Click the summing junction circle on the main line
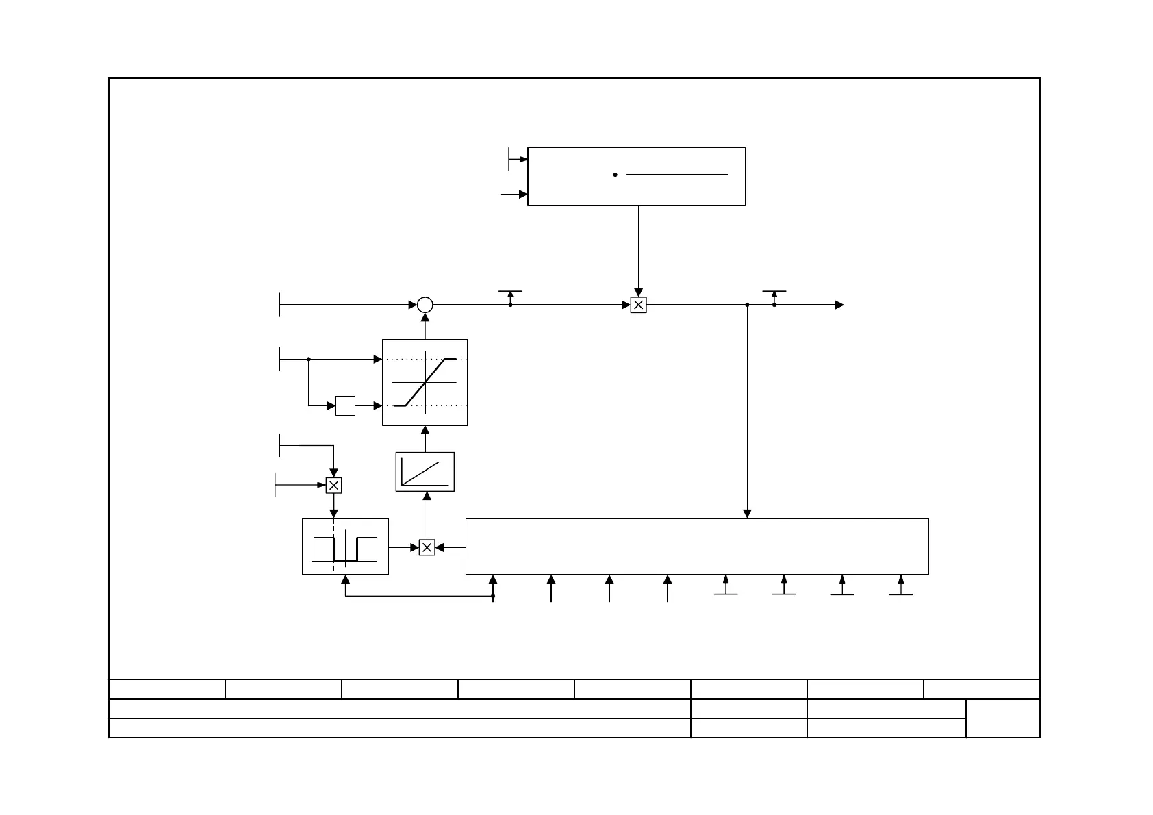[425, 305]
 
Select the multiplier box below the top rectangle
[638, 305]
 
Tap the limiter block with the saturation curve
[425, 382]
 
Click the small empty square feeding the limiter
[346, 405]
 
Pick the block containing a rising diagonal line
[425, 472]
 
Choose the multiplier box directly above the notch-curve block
[333, 486]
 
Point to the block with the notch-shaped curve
[345, 547]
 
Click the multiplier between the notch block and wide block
[427, 547]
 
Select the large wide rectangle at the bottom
[697, 547]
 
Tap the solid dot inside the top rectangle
[616, 175]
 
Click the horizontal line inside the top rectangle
[676, 175]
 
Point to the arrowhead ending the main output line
[840, 305]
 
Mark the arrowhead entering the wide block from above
[748, 514]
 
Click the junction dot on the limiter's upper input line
[309, 359]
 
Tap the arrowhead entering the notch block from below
[345, 579]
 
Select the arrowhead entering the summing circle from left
[413, 305]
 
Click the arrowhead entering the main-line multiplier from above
[638, 293]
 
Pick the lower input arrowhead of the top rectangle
[524, 195]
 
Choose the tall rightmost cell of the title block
[1003, 718]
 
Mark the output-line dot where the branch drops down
[748, 305]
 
